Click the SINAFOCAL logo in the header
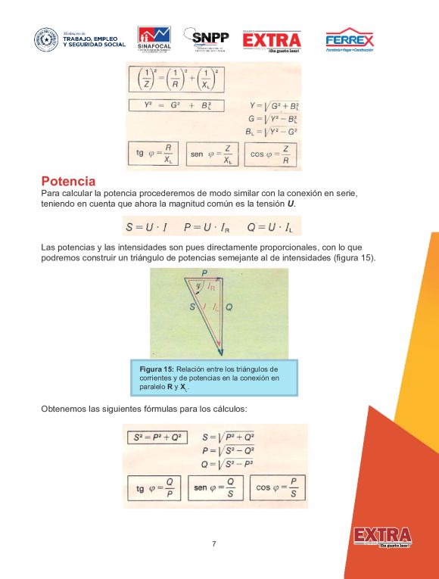(x=154, y=41)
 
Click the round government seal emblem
(x=46, y=40)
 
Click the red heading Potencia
(x=68, y=182)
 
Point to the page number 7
(x=214, y=543)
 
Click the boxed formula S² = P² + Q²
(x=157, y=437)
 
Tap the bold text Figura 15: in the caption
(x=157, y=369)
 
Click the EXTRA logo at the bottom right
(x=381, y=537)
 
